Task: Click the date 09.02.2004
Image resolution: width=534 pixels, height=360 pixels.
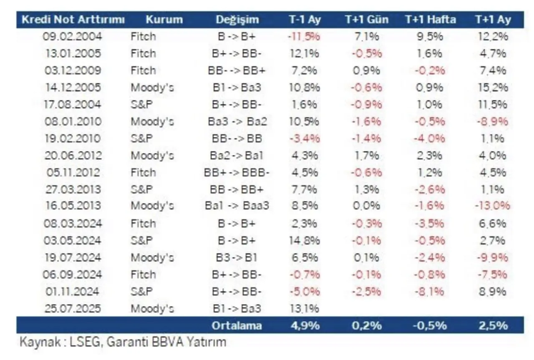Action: click(x=73, y=36)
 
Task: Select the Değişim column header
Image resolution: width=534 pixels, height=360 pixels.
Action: click(x=237, y=20)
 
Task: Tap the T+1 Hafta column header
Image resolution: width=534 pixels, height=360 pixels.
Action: click(x=430, y=20)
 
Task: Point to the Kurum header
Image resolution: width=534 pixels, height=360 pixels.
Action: click(x=164, y=20)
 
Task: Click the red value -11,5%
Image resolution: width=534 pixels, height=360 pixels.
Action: click(x=304, y=36)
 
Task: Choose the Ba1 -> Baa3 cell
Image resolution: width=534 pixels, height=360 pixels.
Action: click(x=237, y=206)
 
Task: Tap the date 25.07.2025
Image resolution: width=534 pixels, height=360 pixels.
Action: click(x=73, y=309)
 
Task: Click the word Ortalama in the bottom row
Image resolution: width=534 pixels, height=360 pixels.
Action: click(x=237, y=325)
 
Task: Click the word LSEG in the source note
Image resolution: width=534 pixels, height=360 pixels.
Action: click(x=89, y=342)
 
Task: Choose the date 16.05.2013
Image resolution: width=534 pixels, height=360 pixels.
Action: click(x=73, y=206)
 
